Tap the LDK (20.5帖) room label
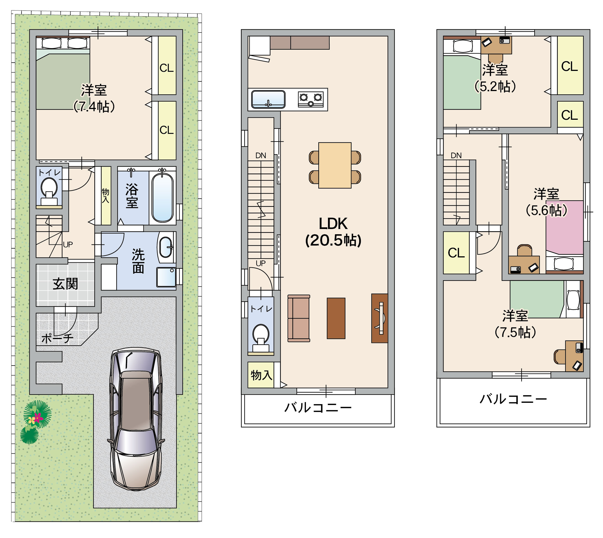point(333,232)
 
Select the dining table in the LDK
point(335,165)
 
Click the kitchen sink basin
point(268,99)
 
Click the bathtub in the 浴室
point(162,197)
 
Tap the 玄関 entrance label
point(65,284)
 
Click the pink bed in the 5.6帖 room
point(565,228)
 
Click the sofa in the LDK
point(298,318)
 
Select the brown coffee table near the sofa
point(336,318)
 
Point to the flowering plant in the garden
point(37,414)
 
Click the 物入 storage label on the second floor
point(261,375)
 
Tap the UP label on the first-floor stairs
point(68,245)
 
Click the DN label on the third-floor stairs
point(456,156)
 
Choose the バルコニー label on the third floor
point(513,399)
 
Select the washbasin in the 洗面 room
point(166,247)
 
